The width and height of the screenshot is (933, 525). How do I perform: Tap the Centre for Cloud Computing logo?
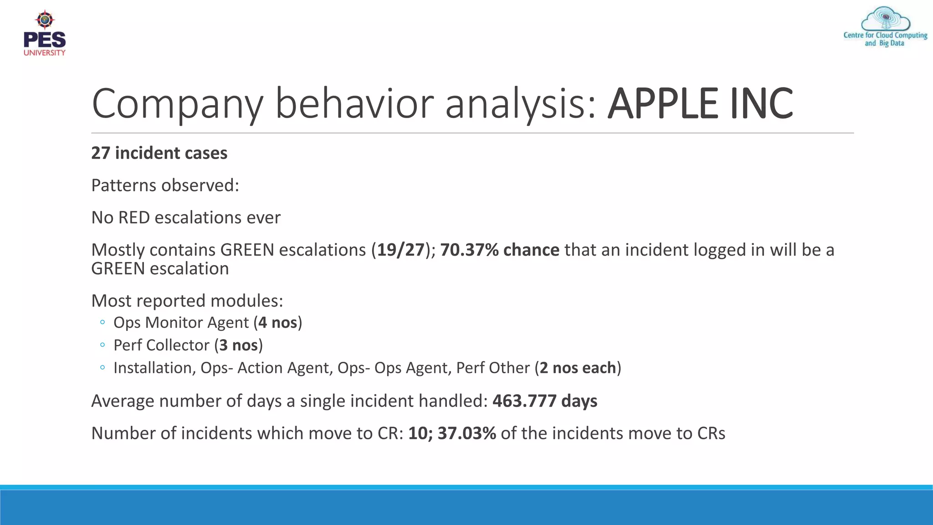tap(885, 27)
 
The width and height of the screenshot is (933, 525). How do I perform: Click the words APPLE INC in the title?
tap(700, 104)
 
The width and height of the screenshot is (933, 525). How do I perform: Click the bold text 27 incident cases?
tap(159, 153)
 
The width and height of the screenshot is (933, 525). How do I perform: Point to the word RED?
tap(134, 218)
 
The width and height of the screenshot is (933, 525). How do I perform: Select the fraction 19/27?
tap(400, 250)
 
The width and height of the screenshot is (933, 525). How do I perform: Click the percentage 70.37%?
tap(469, 250)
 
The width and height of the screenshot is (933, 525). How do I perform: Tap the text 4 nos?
tap(277, 323)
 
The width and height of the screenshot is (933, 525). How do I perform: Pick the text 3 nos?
tap(238, 345)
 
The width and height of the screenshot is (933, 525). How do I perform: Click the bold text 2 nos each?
tap(578, 368)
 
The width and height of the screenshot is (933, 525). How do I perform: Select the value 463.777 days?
tap(545, 401)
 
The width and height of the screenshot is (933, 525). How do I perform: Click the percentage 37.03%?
tap(466, 433)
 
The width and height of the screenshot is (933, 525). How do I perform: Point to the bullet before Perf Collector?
tap(103, 345)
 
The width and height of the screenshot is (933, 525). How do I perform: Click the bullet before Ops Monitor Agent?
tap(103, 323)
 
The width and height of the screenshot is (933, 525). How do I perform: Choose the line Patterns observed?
tap(165, 185)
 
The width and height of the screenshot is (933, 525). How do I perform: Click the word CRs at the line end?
tap(711, 433)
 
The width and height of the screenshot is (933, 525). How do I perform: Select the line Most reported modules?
tap(187, 301)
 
